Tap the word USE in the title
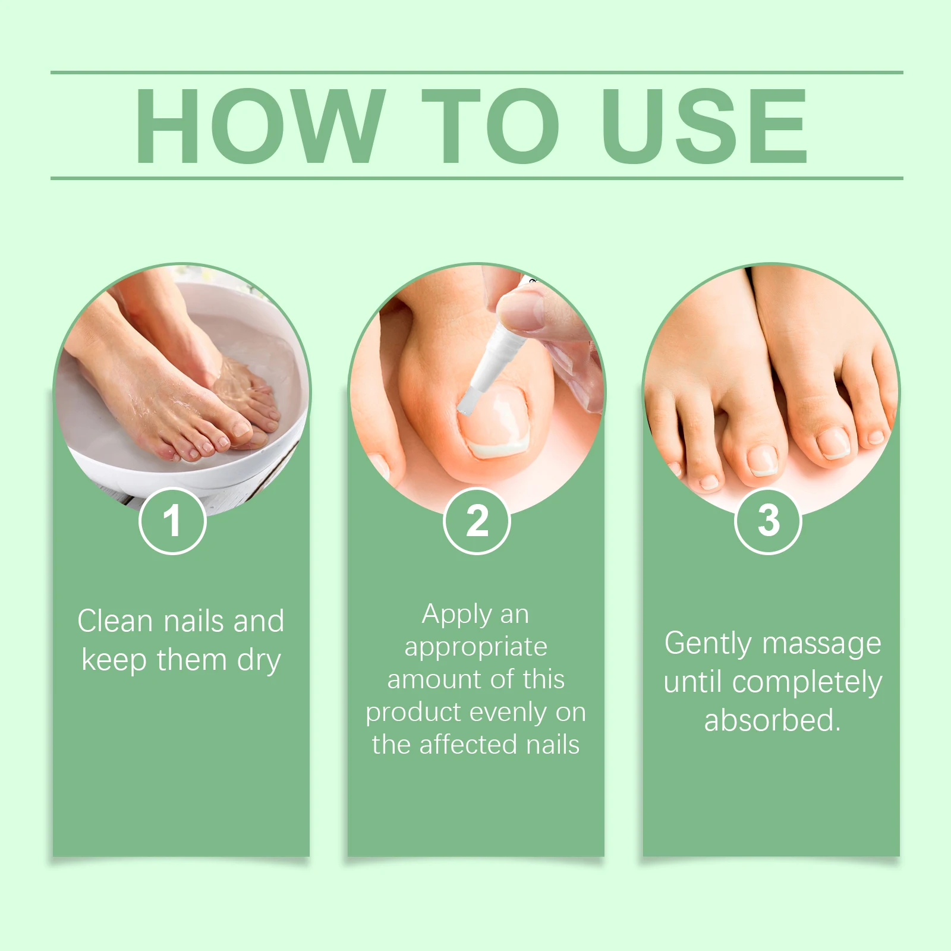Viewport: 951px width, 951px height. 704,126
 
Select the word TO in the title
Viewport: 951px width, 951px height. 490,126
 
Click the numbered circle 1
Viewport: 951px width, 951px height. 172,521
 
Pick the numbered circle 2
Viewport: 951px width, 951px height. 477,521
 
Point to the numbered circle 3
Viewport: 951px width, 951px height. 769,521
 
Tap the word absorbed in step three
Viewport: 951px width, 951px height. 771,720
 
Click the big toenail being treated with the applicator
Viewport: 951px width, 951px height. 495,421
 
